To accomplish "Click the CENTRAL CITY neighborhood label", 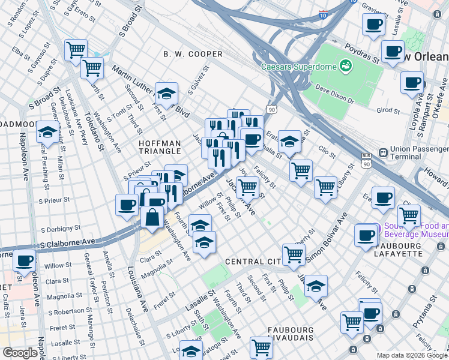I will [253, 262].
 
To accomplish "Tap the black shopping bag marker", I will [152, 218].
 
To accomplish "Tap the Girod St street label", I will [388, 110].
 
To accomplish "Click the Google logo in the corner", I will [20, 352].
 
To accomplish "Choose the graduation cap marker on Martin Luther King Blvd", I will [166, 94].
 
